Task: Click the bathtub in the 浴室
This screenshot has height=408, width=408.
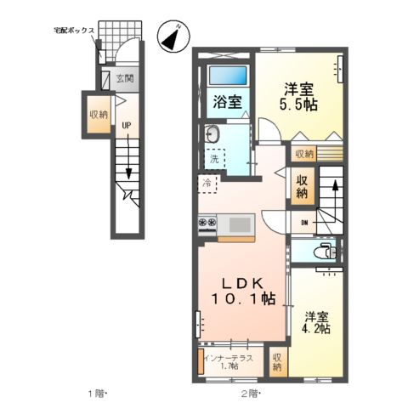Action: (x=226, y=74)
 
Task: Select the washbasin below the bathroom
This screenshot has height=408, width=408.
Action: (x=212, y=133)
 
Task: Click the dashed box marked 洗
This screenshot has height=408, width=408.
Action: (x=216, y=157)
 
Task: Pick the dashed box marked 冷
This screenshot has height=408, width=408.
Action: (x=208, y=181)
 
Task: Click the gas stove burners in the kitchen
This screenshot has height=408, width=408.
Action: (x=207, y=224)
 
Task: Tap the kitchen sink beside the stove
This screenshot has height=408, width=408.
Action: (x=240, y=224)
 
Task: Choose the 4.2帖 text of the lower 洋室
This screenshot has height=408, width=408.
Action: (x=317, y=328)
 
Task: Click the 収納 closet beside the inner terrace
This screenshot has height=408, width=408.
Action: (x=278, y=362)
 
